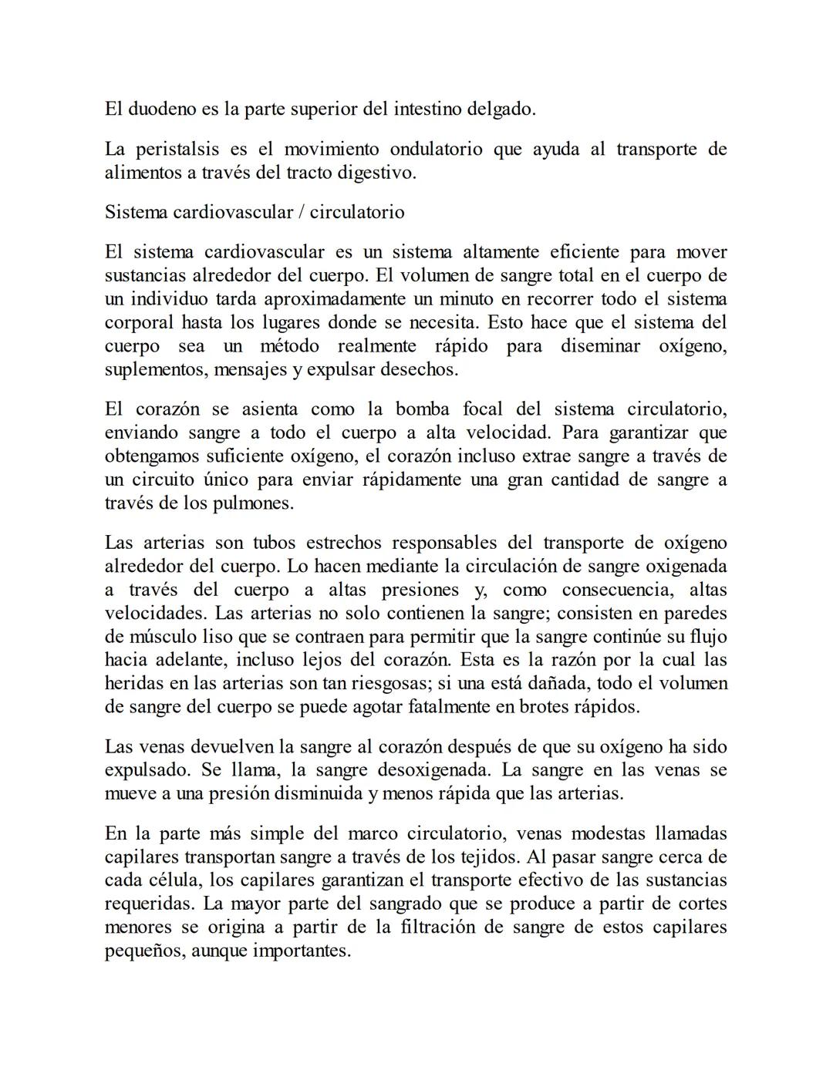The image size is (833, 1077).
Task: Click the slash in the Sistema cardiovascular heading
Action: [x=299, y=212]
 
